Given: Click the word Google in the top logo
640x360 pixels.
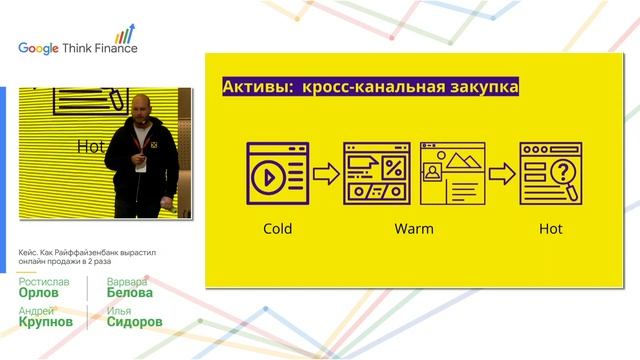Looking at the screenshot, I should [39, 47].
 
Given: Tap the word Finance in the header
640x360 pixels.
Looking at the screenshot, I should [116, 47].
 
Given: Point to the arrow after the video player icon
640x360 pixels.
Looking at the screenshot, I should [326, 174].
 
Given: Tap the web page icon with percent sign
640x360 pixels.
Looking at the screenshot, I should [376, 174].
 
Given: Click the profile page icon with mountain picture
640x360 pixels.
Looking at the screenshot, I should [452, 174].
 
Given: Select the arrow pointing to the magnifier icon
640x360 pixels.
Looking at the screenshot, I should [502, 174].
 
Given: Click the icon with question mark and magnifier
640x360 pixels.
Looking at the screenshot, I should [551, 174].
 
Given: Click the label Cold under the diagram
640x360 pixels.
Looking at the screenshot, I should [277, 229].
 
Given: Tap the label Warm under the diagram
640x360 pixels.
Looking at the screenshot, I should [414, 229].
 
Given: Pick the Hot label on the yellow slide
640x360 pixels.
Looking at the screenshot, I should [551, 229].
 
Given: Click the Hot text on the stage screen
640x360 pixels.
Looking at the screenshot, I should [91, 147].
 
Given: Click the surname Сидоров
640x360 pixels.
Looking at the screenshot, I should [135, 322].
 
